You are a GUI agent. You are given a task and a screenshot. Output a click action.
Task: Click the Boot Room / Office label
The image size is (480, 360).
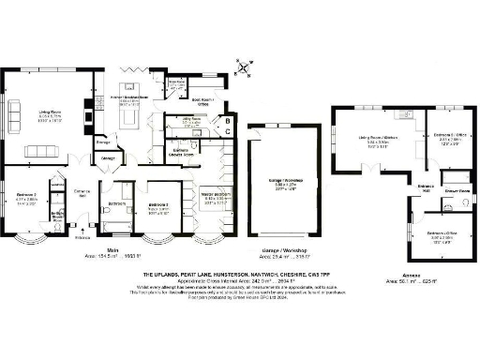coord(204,100)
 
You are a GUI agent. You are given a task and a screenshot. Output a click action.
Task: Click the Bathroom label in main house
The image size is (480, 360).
coord(117,203)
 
